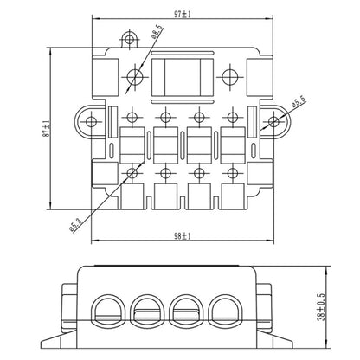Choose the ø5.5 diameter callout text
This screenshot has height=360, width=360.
[299, 104]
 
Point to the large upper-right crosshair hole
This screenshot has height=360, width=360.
[230, 75]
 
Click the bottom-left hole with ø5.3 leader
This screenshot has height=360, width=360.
[132, 173]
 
